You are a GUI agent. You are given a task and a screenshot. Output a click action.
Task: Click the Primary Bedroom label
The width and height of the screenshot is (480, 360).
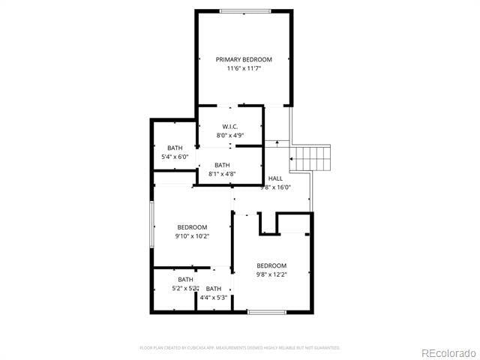244,59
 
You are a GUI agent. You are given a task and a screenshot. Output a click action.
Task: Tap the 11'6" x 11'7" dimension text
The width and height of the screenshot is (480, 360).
244,69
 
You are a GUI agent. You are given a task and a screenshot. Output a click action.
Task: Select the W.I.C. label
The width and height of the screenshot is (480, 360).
230,126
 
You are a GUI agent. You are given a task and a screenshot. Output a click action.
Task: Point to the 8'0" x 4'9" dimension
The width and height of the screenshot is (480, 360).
230,136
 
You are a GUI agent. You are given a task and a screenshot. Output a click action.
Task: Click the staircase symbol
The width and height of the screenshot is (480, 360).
310,157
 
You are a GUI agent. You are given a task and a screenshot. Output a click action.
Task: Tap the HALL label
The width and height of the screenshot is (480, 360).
275,178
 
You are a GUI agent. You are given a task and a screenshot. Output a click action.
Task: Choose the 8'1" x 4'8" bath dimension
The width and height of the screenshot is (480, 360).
222,174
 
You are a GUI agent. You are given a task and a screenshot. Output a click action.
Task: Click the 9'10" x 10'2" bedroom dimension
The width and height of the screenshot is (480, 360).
192,236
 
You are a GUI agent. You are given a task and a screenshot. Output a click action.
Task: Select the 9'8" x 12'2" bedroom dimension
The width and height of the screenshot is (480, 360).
271,274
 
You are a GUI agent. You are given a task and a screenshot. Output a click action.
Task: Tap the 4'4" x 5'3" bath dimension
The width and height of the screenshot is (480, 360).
214,298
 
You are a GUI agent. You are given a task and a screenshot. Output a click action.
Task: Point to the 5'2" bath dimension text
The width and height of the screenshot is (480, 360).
185,288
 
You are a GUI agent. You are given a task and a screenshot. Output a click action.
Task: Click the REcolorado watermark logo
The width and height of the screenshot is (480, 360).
448,352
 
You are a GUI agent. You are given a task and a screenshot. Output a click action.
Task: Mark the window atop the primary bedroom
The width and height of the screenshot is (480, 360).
244,10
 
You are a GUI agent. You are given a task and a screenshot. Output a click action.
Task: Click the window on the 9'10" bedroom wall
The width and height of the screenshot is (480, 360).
152,223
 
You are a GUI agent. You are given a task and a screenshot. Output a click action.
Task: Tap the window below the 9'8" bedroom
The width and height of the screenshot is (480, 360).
268,311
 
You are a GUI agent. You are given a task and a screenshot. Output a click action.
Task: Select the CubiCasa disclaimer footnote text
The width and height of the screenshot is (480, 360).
240,348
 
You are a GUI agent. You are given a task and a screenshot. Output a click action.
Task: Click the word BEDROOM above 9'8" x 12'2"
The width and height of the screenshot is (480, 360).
271,265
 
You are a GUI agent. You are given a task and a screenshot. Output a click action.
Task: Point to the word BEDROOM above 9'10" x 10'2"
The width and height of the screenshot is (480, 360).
192,227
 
